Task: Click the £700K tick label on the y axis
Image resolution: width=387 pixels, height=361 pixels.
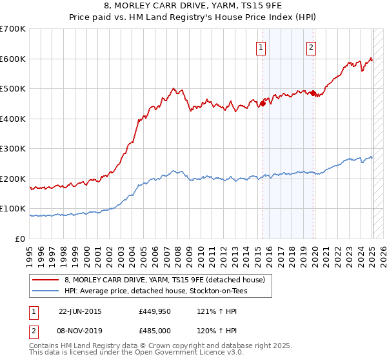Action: point(13,29)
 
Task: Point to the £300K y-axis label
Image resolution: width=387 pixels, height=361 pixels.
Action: point(13,148)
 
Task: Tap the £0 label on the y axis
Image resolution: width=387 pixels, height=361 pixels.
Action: point(20,239)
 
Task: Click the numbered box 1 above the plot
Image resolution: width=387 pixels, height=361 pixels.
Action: point(261,46)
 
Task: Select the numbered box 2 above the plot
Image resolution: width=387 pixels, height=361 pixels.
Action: point(311,46)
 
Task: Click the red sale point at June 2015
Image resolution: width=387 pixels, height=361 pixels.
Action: point(263,102)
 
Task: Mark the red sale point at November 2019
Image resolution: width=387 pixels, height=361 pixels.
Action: point(313,93)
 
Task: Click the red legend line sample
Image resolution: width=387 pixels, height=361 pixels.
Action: point(46,280)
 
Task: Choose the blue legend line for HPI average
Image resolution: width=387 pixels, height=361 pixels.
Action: point(46,291)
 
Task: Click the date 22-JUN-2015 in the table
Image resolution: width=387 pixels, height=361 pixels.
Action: point(80,311)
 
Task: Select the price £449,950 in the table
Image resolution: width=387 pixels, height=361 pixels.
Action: point(155,311)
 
